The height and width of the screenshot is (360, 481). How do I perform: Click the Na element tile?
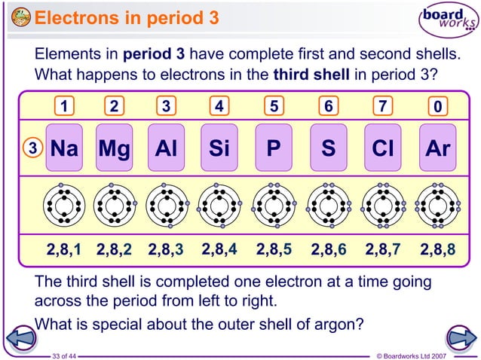64,148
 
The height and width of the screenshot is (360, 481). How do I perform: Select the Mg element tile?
114,148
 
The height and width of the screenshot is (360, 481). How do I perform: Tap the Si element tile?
219,148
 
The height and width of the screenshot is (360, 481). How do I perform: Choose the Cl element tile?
383,148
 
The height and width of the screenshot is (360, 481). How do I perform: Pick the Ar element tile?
437,148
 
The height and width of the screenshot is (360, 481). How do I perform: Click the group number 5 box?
274,106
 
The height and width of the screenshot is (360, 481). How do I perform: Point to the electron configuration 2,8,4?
220,249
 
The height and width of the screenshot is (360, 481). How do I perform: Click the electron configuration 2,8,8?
438,249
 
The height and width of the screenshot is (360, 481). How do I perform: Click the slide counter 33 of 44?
69,355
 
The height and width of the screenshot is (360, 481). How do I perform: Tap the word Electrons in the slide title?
80,17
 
